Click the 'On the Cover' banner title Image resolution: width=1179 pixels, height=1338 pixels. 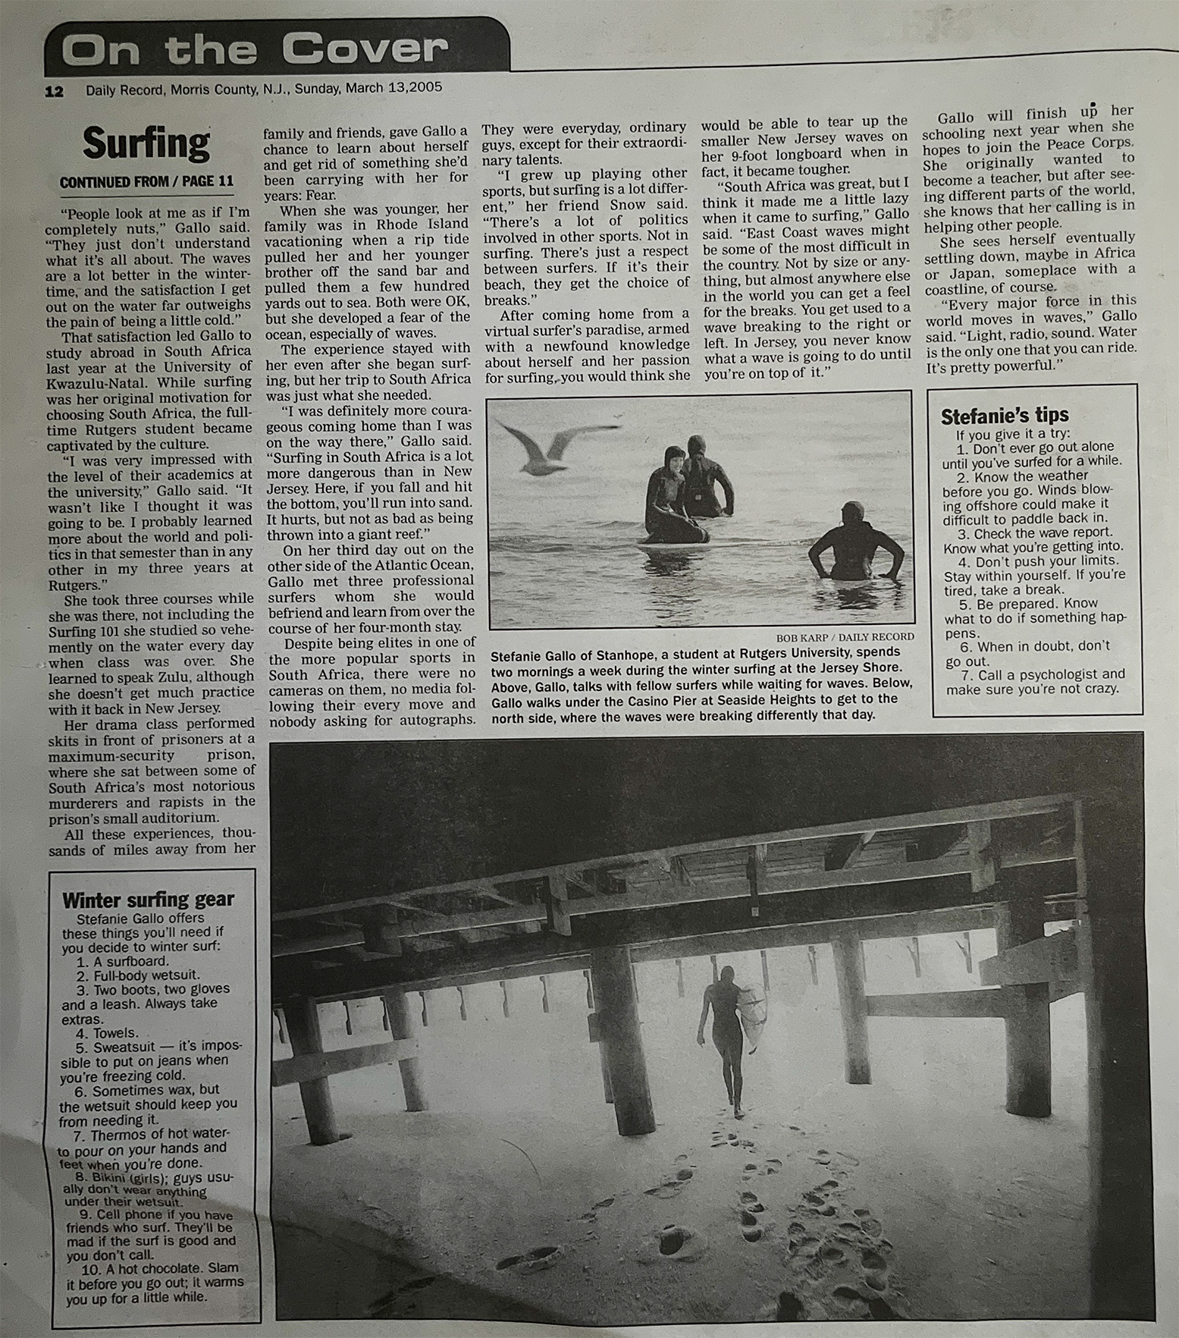click(254, 50)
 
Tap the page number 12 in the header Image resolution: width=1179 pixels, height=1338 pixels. click(55, 92)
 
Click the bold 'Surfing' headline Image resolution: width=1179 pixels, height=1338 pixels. click(146, 143)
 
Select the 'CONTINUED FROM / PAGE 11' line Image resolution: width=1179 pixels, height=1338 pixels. click(146, 182)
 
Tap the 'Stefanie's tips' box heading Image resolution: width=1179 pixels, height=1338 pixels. click(1004, 416)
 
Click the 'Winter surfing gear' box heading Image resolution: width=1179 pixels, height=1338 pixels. click(148, 900)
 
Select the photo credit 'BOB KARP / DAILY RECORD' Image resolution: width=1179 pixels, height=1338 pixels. click(845, 637)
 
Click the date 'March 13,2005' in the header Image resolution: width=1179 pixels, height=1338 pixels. click(394, 88)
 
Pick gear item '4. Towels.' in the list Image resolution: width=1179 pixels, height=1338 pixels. click(107, 1033)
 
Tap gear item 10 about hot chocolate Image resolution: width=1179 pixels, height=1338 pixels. click(152, 1282)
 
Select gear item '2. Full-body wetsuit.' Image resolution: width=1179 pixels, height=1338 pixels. click(127, 975)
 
